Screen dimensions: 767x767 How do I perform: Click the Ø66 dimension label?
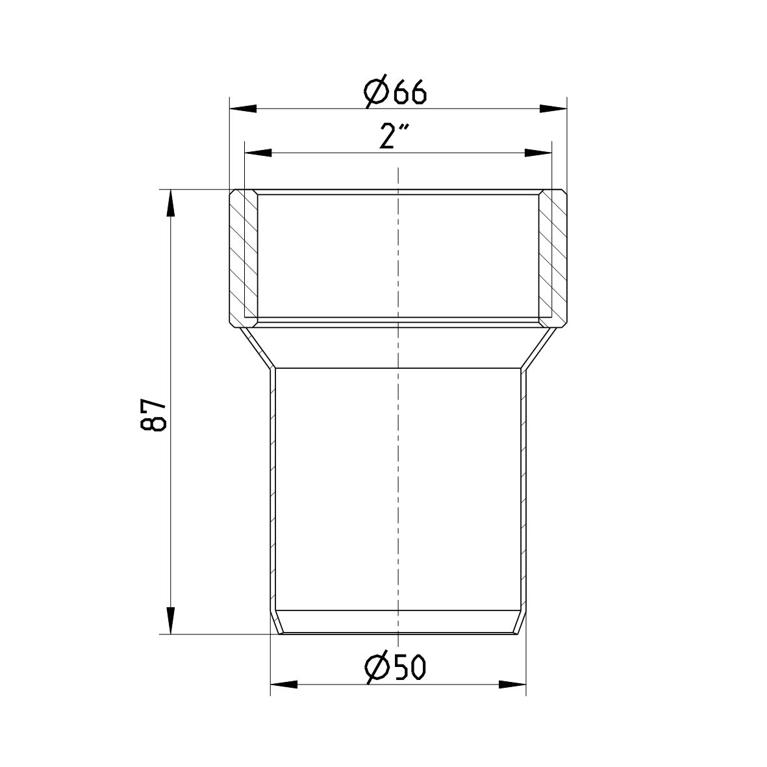(396, 90)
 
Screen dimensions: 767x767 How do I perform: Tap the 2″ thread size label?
(394, 136)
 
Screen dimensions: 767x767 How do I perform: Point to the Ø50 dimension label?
(396, 666)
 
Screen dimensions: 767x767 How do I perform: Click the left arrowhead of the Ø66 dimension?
(243, 108)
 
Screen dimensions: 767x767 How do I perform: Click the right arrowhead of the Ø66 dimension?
(553, 108)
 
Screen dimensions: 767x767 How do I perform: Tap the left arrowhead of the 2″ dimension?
(258, 153)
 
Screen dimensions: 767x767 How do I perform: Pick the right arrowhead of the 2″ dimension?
(538, 153)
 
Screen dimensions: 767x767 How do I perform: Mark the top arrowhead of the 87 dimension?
(170, 203)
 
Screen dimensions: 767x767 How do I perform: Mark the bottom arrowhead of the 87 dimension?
(170, 620)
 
